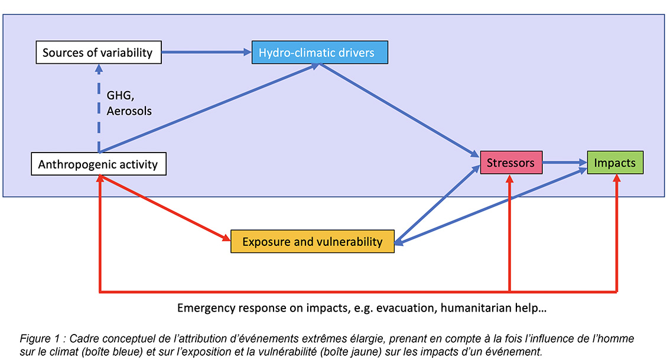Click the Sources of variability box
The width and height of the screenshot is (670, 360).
(97, 53)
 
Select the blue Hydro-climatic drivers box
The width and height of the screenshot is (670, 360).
(320, 53)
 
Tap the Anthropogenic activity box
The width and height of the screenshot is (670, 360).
(98, 164)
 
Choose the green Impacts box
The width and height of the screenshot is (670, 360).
(614, 163)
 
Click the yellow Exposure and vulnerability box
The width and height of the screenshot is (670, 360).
(312, 241)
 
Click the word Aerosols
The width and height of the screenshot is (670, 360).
(129, 111)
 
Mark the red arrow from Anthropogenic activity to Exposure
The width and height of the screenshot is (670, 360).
(165, 207)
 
